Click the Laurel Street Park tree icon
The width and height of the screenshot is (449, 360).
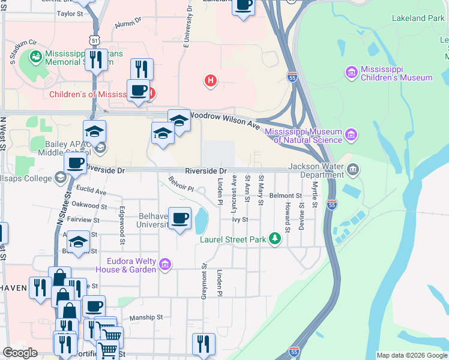[x=275, y=239]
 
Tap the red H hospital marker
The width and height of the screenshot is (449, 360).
[x=210, y=80]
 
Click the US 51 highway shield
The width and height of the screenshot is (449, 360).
[x=92, y=40]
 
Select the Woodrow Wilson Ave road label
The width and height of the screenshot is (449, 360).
[x=224, y=119]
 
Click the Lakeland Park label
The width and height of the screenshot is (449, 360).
[x=418, y=19]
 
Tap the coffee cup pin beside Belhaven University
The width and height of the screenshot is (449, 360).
[x=179, y=218]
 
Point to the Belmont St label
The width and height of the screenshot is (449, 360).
[x=285, y=196]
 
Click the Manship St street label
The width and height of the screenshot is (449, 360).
[x=146, y=317]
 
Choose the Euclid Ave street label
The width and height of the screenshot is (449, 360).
[x=91, y=192]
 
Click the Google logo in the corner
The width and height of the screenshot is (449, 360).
[x=20, y=353]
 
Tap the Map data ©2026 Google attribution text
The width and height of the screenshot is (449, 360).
[x=411, y=355]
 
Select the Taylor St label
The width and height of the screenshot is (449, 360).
[x=70, y=13]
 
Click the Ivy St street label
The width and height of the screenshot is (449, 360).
[x=240, y=220]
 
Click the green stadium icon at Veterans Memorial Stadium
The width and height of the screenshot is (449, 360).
[x=35, y=57]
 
